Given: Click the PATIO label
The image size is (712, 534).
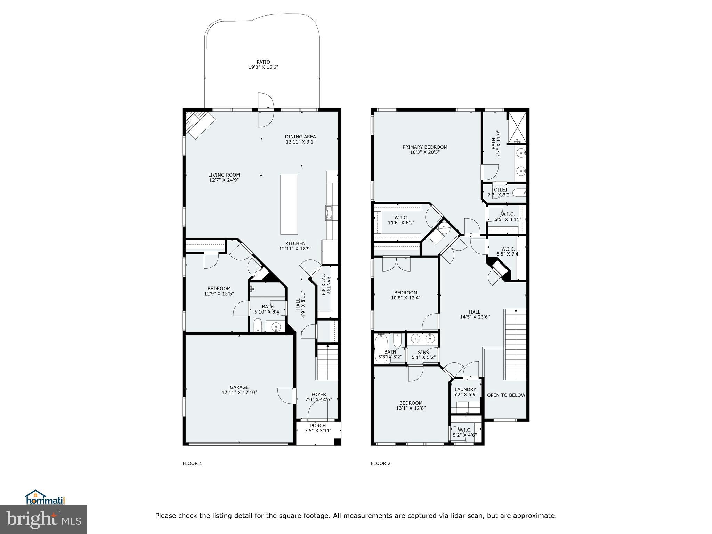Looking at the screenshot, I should tap(263, 62).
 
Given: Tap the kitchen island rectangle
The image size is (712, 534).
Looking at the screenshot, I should tap(289, 204).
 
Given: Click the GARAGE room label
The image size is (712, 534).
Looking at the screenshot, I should tap(239, 387).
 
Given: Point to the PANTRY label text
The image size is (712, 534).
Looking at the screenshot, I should tap(325, 285).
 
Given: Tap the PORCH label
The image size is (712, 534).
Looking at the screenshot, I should tap(318, 426).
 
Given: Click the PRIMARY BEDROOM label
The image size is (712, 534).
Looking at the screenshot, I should tap(425, 147).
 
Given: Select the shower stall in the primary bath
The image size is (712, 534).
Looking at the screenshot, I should tap(517, 127).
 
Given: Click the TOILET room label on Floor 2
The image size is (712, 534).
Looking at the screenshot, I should tap(499, 190).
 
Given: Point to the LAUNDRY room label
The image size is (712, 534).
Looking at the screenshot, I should tap(465, 389).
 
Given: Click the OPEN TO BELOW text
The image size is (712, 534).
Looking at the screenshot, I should tap(506, 395).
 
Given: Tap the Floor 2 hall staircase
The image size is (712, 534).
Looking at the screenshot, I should tap(515, 344).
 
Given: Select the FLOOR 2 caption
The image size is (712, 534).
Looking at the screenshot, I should tap(380, 463).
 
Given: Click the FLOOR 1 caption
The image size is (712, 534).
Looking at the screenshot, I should tap(192, 463).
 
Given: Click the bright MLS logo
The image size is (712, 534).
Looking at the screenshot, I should tap(43, 520).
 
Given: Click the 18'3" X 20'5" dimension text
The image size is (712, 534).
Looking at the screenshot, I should tap(425, 152).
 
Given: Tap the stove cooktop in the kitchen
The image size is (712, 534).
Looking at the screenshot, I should tap(329, 213).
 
